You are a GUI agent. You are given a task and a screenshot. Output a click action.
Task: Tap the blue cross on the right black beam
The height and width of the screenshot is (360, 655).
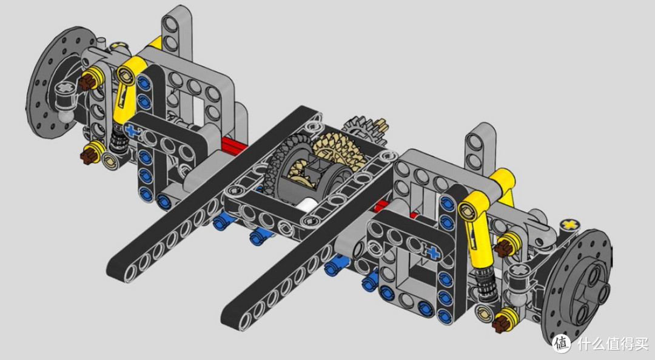(x=433, y=252)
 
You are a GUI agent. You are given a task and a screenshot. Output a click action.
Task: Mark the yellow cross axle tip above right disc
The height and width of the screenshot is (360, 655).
(x=569, y=225)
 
